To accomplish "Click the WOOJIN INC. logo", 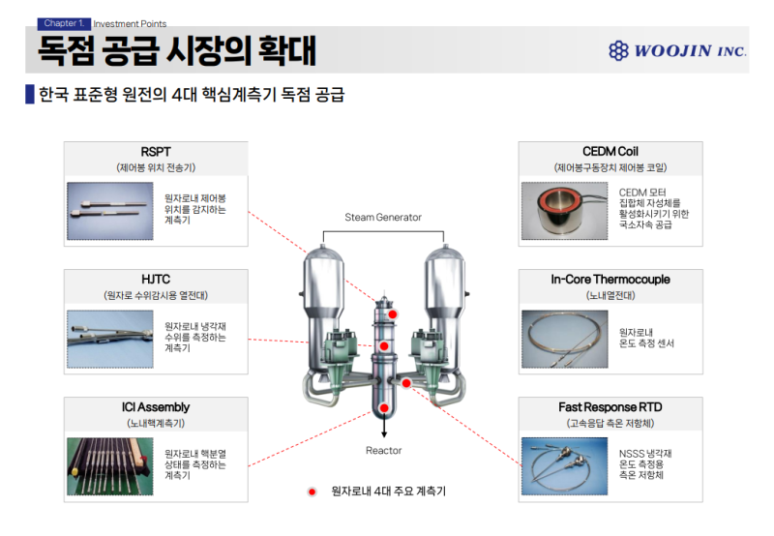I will point(677,50).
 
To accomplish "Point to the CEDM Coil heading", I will point(610,152).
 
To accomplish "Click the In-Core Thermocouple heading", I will point(610,280).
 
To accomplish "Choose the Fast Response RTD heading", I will point(610,407).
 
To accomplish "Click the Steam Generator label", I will point(383,218).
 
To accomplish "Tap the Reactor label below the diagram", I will point(383,451).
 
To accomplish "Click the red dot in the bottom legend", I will point(312,491).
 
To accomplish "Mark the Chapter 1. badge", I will point(62,23).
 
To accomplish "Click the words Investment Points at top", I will point(130,24).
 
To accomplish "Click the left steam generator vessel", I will point(323,290).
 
